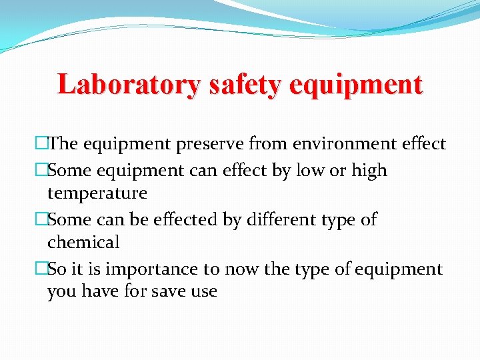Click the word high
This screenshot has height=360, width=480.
point(369,170)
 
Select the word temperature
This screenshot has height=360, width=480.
point(97,193)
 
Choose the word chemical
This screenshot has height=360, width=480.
point(83,242)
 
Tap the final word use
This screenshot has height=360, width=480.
point(204,291)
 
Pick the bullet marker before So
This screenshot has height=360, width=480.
point(41,269)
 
